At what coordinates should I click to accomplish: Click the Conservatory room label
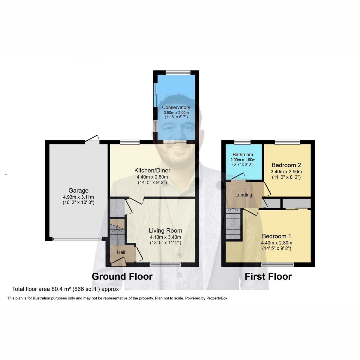pyautogui.click(x=176, y=107)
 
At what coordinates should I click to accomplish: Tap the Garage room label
pyautogui.click(x=78, y=190)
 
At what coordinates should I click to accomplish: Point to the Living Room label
pyautogui.click(x=165, y=230)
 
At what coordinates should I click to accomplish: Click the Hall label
pyautogui.click(x=121, y=252)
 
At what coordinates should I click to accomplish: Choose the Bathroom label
pyautogui.click(x=243, y=154)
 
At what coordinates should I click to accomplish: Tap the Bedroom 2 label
pyautogui.click(x=286, y=165)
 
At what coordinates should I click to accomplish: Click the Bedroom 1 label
pyautogui.click(x=276, y=236)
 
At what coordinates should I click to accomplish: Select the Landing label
pyautogui.click(x=243, y=195)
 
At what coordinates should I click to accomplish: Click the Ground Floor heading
pyautogui.click(x=122, y=276)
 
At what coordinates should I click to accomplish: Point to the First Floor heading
pyautogui.click(x=268, y=276)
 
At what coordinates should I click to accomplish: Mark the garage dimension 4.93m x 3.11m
pyautogui.click(x=78, y=197)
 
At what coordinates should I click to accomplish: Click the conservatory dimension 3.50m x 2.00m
pyautogui.click(x=176, y=112)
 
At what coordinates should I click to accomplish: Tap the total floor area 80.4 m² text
pyautogui.click(x=65, y=289)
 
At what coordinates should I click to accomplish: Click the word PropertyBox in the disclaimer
pyautogui.click(x=217, y=298)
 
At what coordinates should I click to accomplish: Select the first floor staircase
pyautogui.click(x=233, y=224)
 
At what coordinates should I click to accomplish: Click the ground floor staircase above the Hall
pyautogui.click(x=117, y=232)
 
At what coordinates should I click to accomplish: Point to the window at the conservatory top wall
pyautogui.click(x=178, y=72)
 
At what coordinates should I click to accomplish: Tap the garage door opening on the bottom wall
pyautogui.click(x=77, y=239)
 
